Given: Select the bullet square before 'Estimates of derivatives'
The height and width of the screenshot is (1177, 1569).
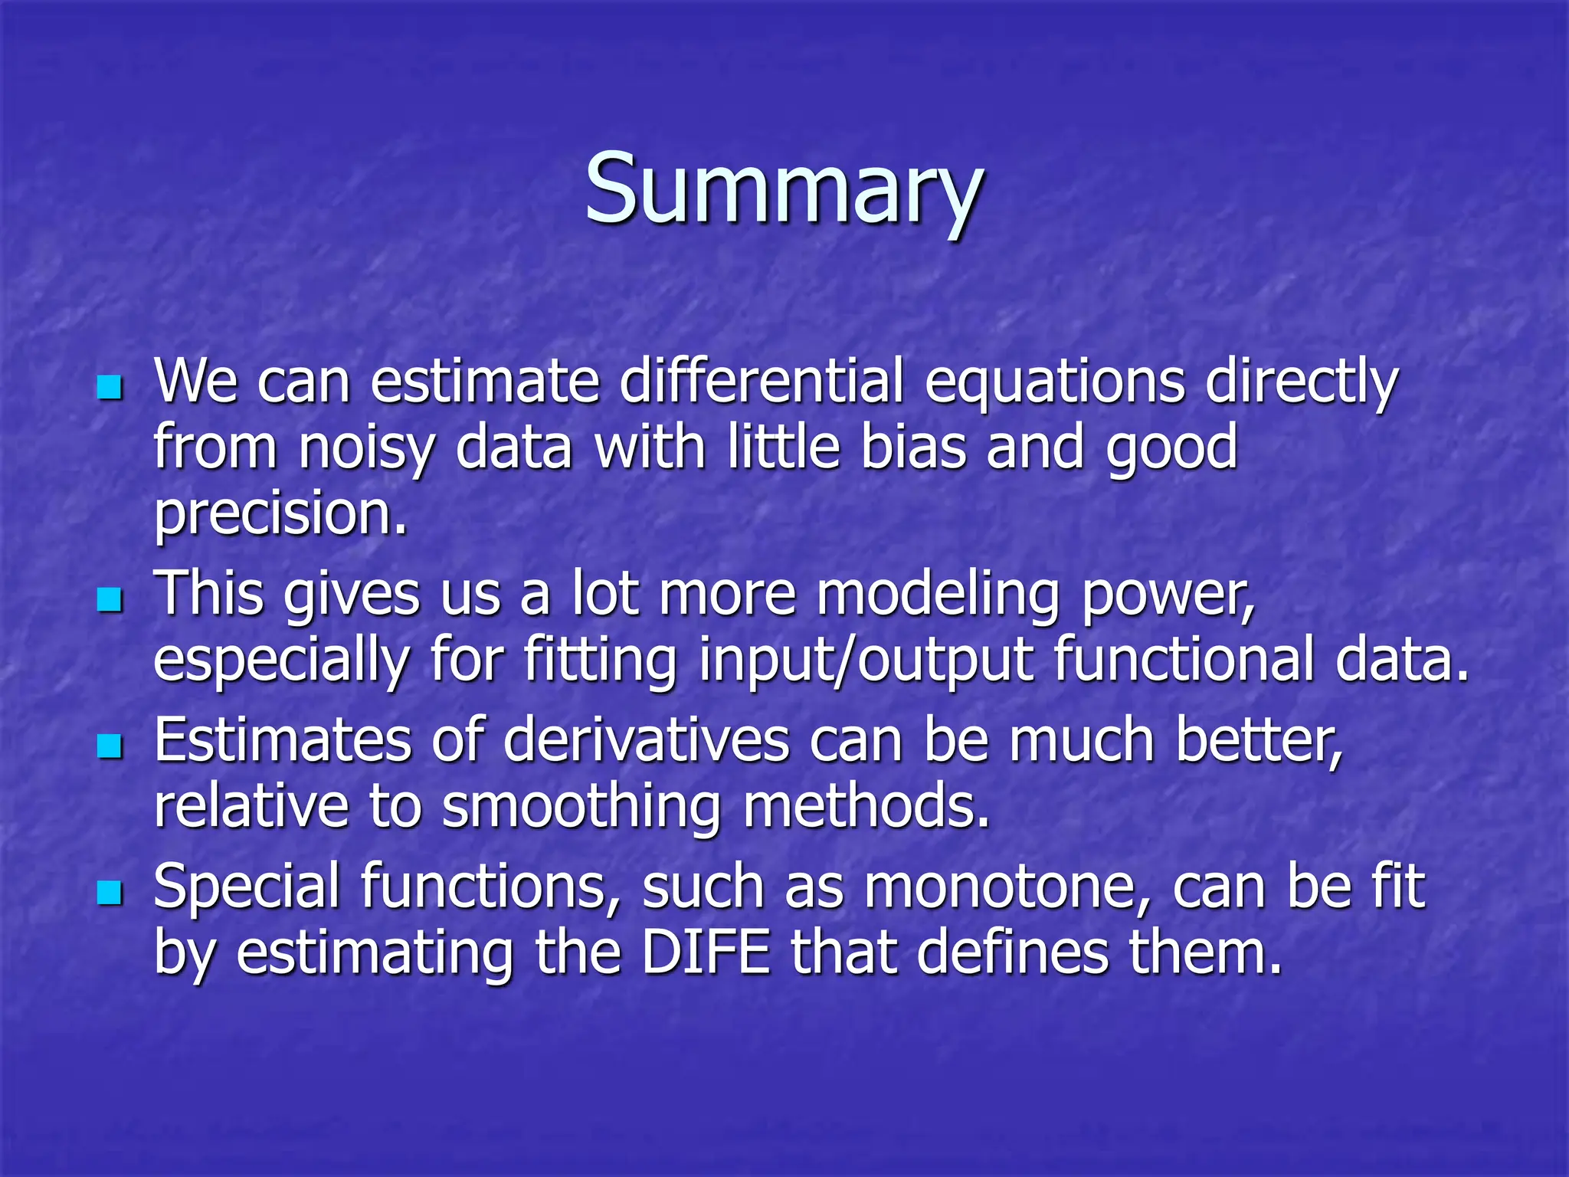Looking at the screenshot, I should (x=110, y=746).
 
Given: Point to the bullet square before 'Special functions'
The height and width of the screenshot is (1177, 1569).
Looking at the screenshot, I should (x=110, y=892).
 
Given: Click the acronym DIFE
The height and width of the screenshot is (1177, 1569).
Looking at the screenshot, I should (x=706, y=952).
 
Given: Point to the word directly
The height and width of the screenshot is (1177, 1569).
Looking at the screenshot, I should (x=1302, y=383).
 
